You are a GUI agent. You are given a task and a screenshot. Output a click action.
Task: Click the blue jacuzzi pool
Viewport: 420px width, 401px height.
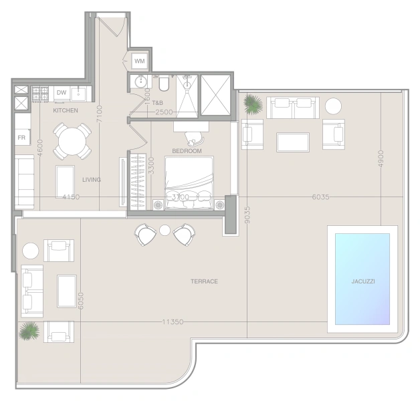pyautogui.click(x=362, y=279)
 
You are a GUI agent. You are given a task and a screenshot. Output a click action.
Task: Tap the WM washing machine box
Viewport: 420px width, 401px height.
pyautogui.click(x=140, y=61)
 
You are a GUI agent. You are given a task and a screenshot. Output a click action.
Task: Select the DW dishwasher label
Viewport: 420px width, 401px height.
pyautogui.click(x=62, y=93)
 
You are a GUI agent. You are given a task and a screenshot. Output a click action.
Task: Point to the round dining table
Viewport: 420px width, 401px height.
pyautogui.click(x=72, y=141)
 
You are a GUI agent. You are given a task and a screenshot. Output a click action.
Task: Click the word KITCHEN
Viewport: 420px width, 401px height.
pyautogui.click(x=66, y=110)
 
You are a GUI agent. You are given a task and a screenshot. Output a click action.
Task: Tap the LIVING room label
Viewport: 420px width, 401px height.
pyautogui.click(x=92, y=180)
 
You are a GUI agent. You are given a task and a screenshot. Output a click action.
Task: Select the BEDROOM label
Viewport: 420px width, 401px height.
pyautogui.click(x=187, y=151)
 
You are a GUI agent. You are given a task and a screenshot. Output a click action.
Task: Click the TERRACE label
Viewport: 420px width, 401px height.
pyautogui.click(x=204, y=281)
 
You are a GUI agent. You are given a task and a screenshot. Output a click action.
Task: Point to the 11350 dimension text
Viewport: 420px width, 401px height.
pyautogui.click(x=173, y=321)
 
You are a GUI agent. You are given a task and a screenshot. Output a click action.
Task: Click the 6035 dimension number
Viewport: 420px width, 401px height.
pyautogui.click(x=320, y=197)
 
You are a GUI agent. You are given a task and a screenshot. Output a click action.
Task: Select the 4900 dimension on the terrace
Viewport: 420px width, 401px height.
pyautogui.click(x=381, y=159)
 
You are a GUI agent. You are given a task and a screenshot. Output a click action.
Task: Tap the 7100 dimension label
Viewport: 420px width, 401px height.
pyautogui.click(x=100, y=114)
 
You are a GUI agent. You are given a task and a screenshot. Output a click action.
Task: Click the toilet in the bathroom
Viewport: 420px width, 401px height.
pyautogui.click(x=164, y=84)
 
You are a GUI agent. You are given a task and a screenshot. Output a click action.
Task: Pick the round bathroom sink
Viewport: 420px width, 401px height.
pyautogui.click(x=140, y=82)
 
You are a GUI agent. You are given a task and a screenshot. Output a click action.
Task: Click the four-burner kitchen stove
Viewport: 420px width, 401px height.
pyautogui.click(x=40, y=94)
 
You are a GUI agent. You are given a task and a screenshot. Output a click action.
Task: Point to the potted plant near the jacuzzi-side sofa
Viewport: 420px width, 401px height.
pyautogui.click(x=253, y=104)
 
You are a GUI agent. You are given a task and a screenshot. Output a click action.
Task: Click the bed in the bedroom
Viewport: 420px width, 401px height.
pyautogui.click(x=189, y=183)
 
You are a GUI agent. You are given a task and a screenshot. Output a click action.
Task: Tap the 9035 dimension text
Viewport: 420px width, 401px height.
pyautogui.click(x=247, y=215)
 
